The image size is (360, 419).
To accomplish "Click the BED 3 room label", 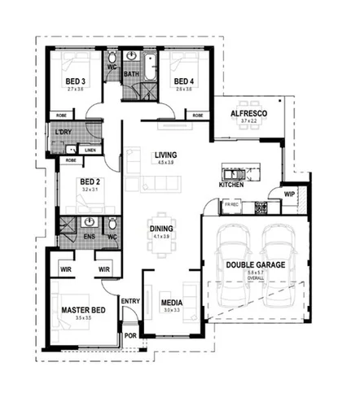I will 77,81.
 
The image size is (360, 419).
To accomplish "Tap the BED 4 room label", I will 183,81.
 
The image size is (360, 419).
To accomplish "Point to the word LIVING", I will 166,155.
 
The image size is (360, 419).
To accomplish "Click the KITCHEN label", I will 231,185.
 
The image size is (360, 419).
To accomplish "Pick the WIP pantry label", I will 289,194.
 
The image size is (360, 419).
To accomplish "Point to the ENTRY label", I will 130,301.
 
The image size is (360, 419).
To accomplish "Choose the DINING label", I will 160,229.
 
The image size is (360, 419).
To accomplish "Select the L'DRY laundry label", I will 64,132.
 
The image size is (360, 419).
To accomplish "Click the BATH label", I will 132,75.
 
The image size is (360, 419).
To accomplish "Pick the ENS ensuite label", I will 90,238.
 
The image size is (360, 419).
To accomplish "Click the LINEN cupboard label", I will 90,151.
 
